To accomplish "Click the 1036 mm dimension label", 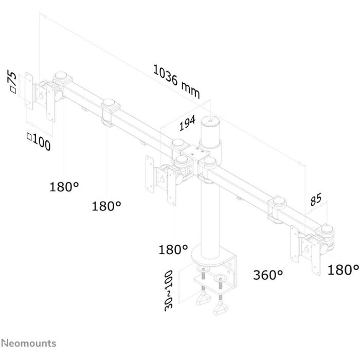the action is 176,81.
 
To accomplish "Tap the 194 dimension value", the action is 187,123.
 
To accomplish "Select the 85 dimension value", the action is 316,199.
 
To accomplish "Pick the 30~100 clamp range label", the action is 169,291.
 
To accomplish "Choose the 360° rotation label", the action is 268,275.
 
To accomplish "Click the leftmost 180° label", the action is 64,186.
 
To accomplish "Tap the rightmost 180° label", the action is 343,269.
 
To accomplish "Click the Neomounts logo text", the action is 29,343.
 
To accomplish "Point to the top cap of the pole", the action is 210,120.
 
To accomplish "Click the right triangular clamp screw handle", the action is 221,309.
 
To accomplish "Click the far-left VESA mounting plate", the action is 29,91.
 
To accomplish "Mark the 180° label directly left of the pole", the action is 173,249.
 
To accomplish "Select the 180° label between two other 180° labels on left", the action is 106,206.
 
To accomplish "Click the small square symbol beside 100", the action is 29,136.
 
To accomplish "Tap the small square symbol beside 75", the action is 13,90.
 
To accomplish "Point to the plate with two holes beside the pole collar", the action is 196,153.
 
